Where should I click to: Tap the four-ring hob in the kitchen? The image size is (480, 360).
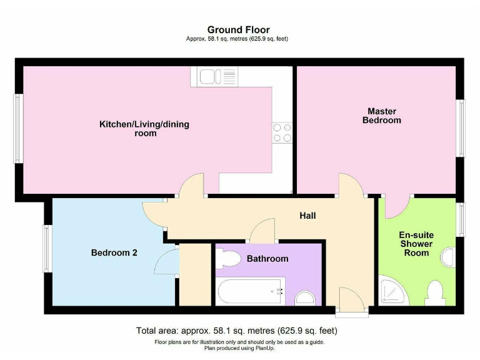click(282, 132)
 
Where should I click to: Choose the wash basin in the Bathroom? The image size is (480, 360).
click(306, 298)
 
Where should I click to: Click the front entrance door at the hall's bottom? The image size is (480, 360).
click(347, 299)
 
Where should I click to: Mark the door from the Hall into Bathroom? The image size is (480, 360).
click(262, 230)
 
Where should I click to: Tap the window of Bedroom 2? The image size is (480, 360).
click(46, 248)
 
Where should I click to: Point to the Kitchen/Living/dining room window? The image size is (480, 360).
click(18, 128)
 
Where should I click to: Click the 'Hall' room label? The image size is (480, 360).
click(307, 216)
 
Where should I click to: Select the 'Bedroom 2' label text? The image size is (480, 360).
click(114, 253)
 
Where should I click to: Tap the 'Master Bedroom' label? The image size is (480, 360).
click(381, 116)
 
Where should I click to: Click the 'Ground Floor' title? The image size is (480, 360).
click(238, 29)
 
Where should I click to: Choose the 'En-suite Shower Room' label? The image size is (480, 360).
click(416, 244)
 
